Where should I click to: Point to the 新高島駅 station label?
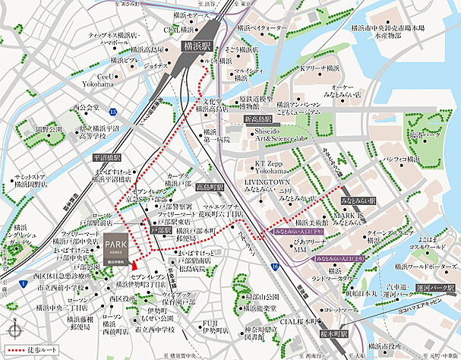click(260, 120)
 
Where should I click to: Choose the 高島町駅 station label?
click(209, 186)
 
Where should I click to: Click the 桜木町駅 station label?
click(332, 333)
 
